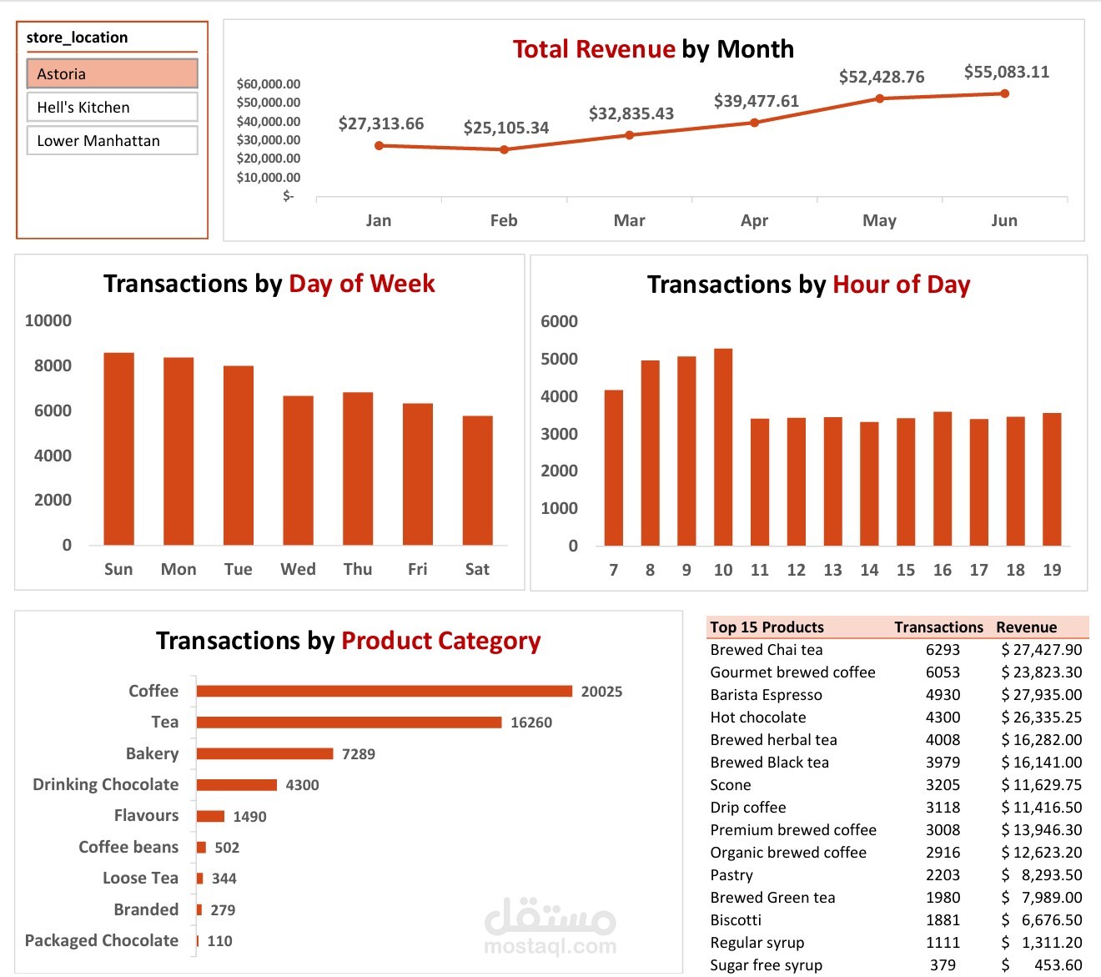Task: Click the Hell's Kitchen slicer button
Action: pos(112,107)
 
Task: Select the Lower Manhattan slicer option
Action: pos(112,141)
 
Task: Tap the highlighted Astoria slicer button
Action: pos(112,73)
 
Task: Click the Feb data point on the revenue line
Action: pos(504,149)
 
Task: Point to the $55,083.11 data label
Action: pos(1007,72)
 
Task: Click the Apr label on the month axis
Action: pos(754,220)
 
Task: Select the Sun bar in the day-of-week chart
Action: pos(118,449)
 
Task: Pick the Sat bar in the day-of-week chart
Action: pos(477,480)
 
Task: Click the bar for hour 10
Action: pos(723,447)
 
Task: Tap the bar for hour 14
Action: pos(869,483)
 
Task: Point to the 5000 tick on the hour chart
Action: pos(559,359)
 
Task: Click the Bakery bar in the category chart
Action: pos(264,753)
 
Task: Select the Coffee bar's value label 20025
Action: pos(601,692)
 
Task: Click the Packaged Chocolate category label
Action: pos(102,940)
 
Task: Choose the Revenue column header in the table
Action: pos(1027,627)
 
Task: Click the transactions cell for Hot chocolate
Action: pos(943,718)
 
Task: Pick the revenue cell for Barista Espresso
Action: pos(1041,694)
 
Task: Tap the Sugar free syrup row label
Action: pos(766,965)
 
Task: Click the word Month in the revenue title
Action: pos(755,49)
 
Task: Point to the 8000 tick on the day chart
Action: pos(53,365)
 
